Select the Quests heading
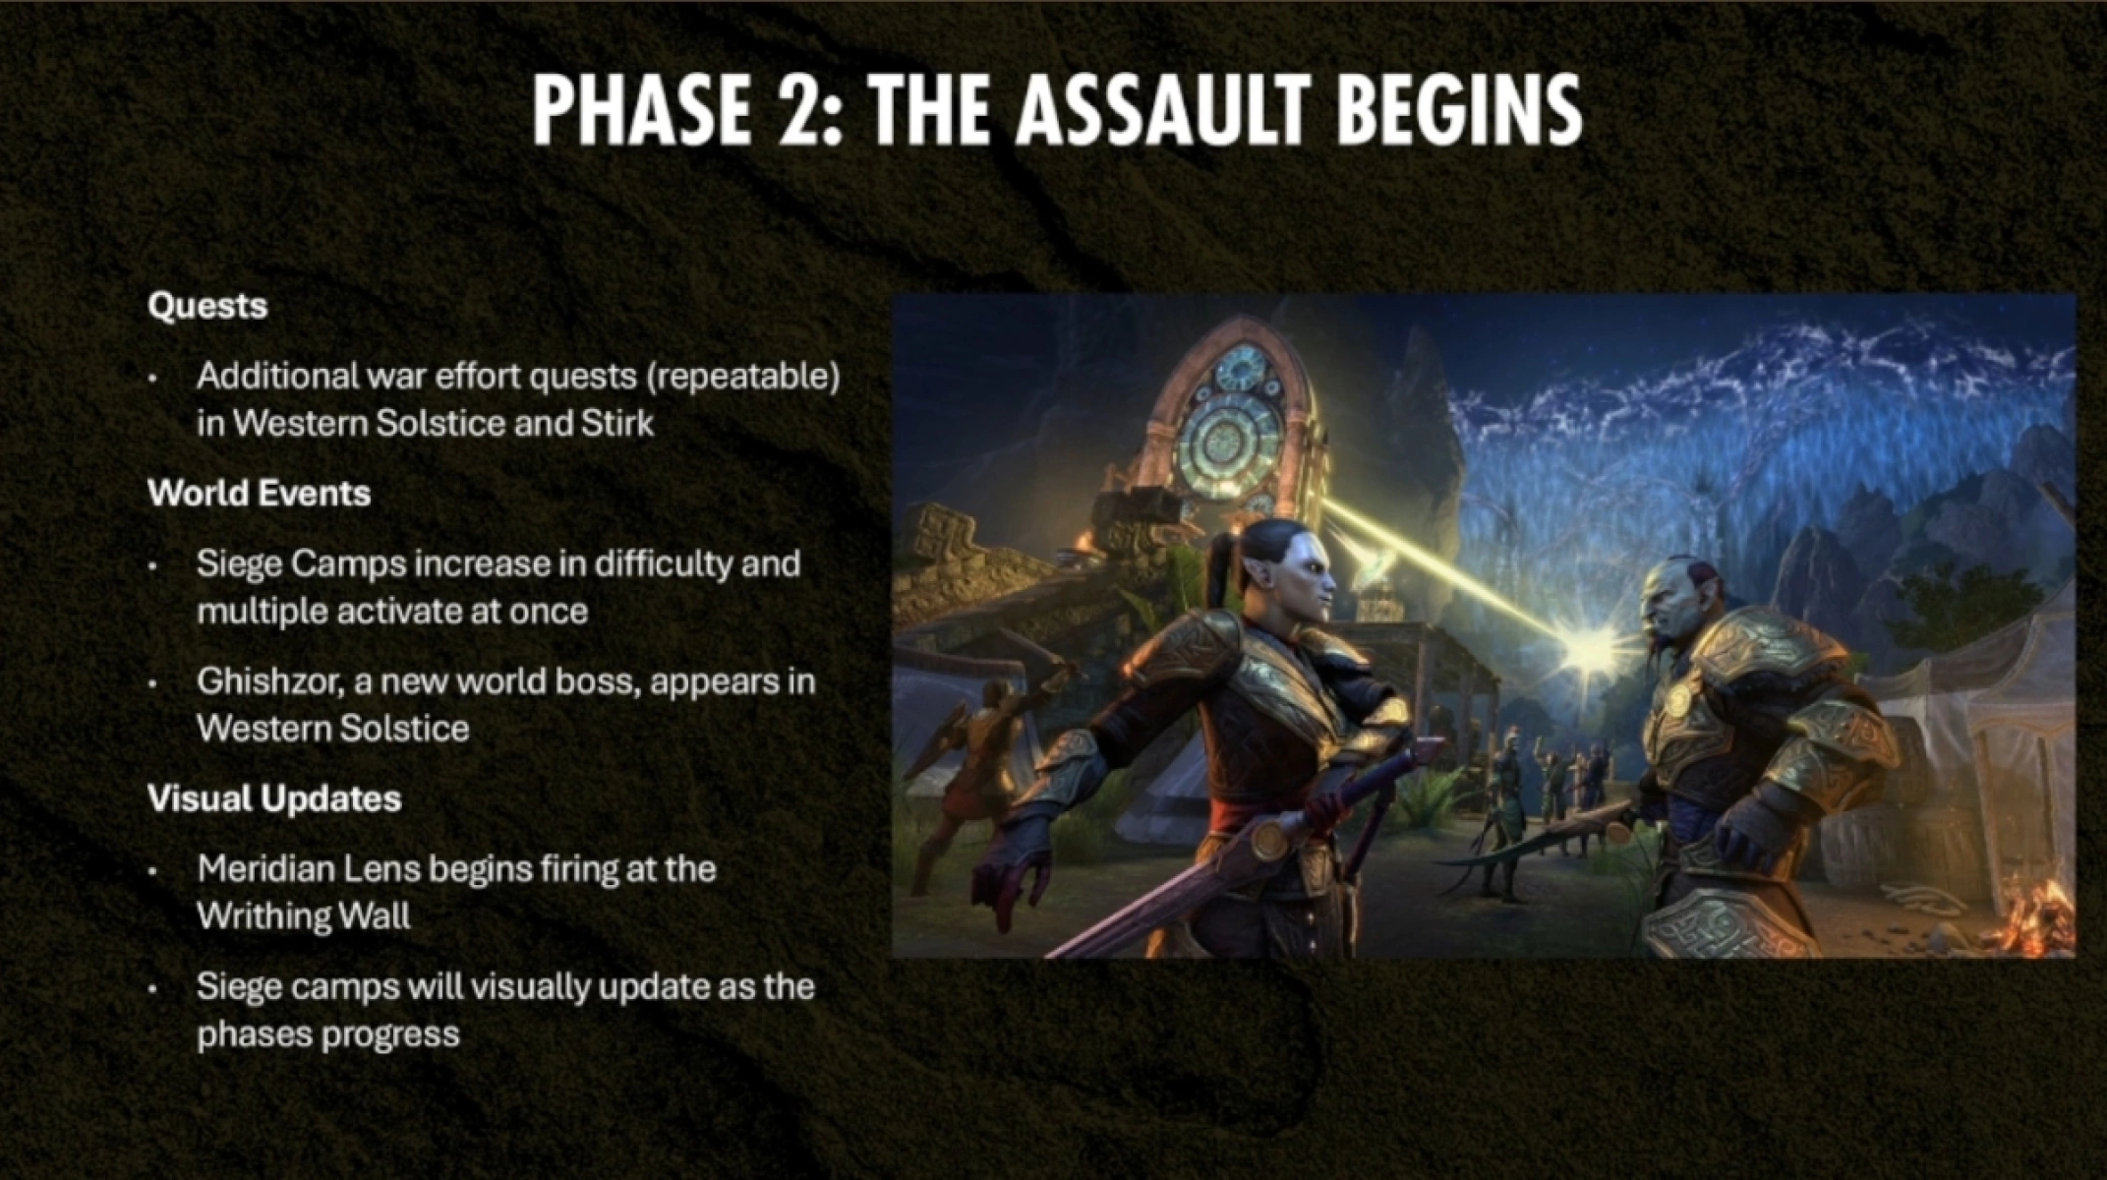tap(207, 307)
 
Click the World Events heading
tap(260, 494)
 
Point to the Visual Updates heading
tap(274, 798)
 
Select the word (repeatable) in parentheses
tap(743, 377)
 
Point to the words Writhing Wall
tap(304, 916)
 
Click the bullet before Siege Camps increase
tap(153, 567)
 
